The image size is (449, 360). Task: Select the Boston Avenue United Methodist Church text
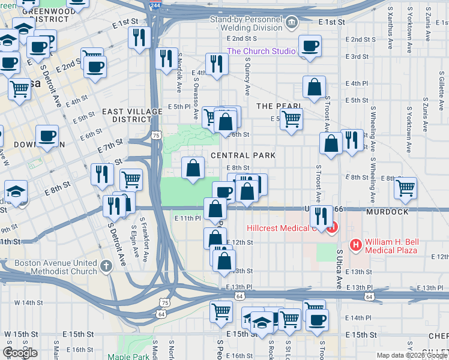[55, 267]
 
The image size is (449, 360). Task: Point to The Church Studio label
[261, 52]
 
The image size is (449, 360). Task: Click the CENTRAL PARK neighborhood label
[243, 155]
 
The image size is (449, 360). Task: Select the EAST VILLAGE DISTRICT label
[124, 115]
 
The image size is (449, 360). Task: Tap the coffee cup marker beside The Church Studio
[310, 46]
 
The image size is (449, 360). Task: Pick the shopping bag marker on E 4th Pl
[314, 87]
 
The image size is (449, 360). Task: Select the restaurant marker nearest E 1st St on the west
[139, 37]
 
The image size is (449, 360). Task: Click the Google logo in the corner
[20, 352]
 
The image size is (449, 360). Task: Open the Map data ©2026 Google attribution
[412, 355]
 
